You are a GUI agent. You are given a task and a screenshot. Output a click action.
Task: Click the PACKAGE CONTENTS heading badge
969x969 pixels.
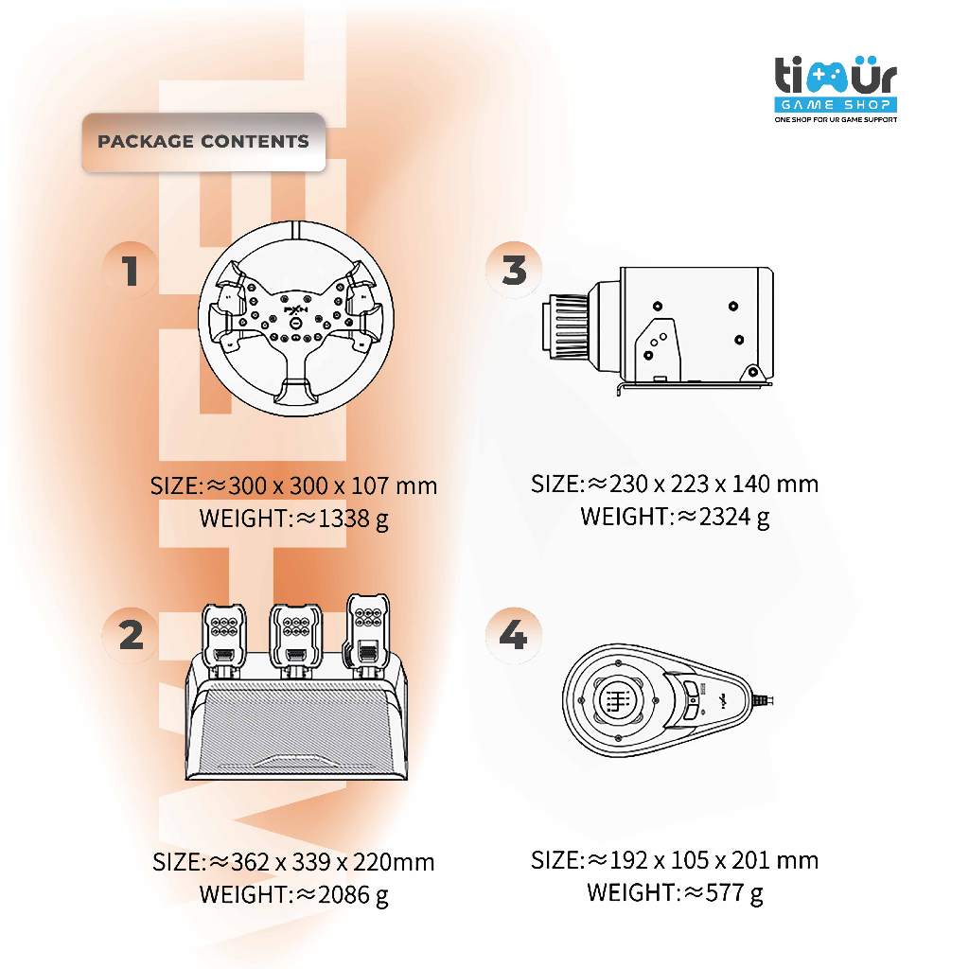[203, 142]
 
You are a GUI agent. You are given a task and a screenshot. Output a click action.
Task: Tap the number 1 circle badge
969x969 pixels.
[131, 271]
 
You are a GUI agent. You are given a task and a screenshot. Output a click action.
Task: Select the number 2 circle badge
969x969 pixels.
[131, 635]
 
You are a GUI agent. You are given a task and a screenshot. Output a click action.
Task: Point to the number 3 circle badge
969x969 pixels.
[514, 271]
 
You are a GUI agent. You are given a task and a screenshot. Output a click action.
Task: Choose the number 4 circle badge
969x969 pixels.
[513, 635]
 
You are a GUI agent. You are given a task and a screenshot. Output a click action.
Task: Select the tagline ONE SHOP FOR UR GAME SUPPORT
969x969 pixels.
[836, 120]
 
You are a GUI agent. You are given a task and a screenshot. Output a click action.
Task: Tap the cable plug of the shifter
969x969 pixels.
[768, 701]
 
